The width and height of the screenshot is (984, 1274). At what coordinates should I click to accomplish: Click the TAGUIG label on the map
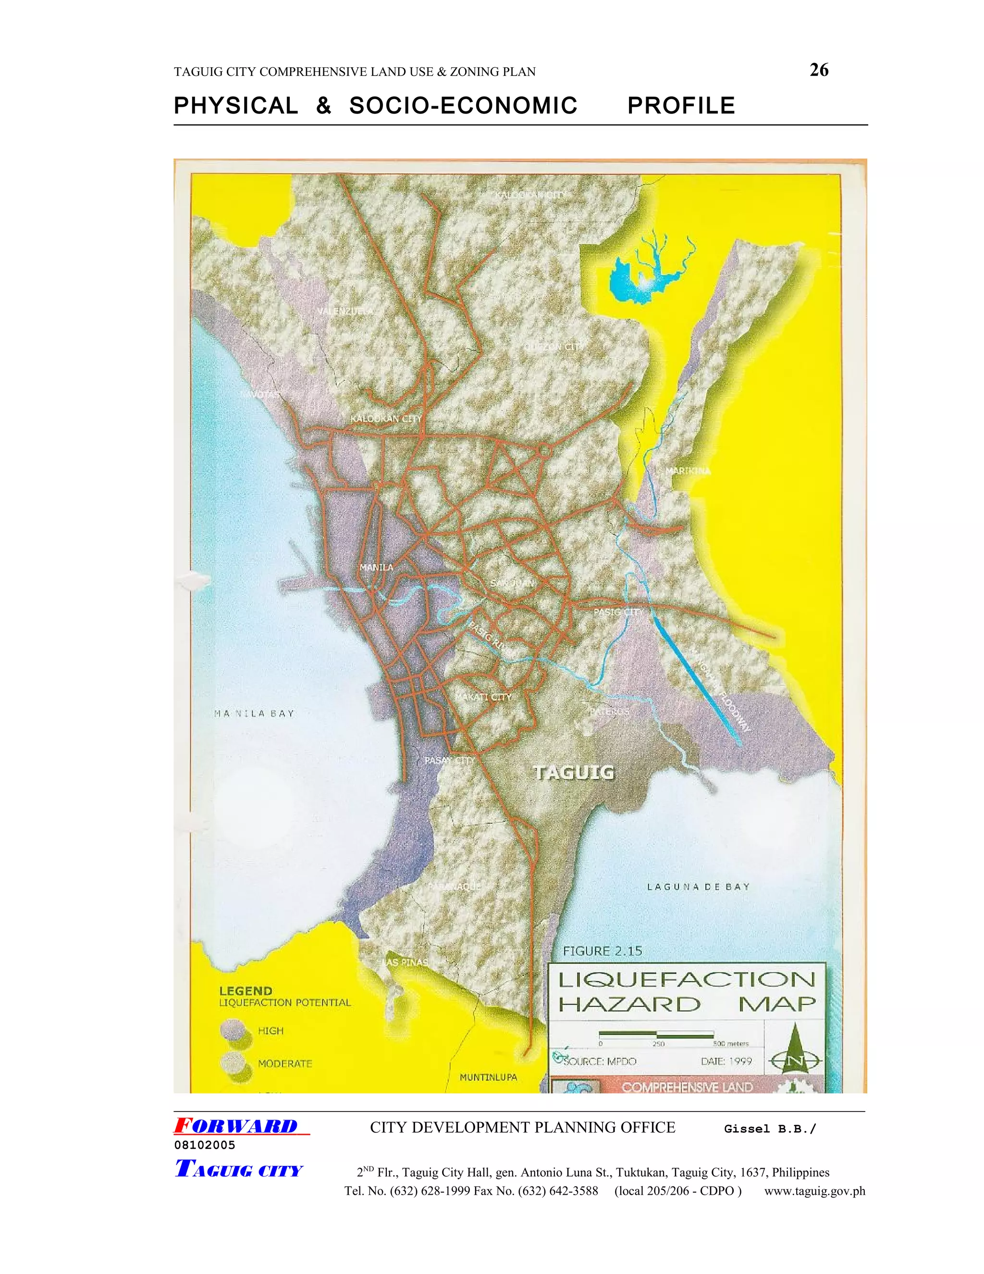574,773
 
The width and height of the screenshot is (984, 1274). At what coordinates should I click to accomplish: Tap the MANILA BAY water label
254,713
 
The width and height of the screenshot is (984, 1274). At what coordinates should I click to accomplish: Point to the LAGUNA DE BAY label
698,887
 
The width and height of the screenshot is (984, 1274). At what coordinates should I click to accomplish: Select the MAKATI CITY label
483,697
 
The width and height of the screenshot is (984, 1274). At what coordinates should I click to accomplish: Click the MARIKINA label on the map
688,471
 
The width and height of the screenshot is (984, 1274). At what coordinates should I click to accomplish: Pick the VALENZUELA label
345,312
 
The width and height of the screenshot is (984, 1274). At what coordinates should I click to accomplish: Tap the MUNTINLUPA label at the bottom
488,1077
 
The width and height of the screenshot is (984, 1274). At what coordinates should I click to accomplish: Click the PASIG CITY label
618,612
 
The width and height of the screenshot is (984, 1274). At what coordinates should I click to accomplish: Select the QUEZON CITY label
552,347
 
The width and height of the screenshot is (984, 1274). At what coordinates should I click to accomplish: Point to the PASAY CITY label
449,761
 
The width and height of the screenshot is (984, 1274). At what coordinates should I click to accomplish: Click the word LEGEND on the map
246,990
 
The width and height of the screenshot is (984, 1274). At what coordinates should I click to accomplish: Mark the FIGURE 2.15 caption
602,951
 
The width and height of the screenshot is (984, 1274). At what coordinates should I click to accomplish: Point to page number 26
819,70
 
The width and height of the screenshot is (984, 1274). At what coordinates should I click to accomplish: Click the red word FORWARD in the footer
236,1126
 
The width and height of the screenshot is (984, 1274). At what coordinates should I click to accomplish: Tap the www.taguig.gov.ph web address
814,1190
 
